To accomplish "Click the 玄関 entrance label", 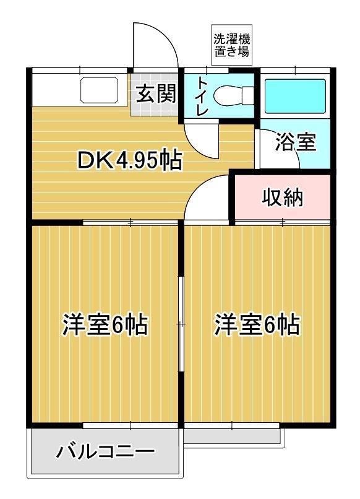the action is (x=156, y=94).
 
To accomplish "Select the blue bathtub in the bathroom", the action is (x=295, y=96).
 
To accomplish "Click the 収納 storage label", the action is (x=283, y=197).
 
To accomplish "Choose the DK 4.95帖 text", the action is (x=130, y=160).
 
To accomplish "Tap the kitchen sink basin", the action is (x=99, y=90).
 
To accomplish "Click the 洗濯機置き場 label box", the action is (x=232, y=45).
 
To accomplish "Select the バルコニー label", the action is (x=105, y=451).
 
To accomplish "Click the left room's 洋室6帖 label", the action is (x=105, y=325).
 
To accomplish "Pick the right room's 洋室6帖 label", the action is (x=257, y=325).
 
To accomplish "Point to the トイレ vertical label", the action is (x=202, y=96).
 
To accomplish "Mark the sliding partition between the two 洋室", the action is (x=181, y=324).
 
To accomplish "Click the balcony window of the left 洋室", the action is (x=131, y=425).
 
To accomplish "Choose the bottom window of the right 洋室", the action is (x=232, y=425).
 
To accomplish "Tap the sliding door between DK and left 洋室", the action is (x=131, y=222).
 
